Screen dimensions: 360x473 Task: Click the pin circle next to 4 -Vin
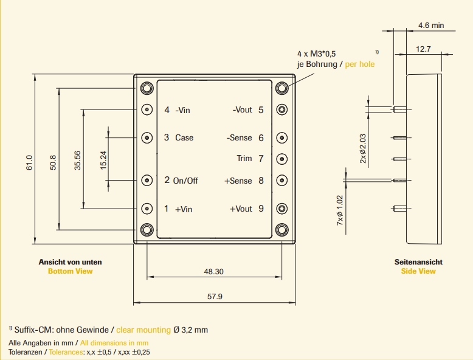click(x=147, y=110)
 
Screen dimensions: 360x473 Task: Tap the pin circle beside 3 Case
click(x=147, y=137)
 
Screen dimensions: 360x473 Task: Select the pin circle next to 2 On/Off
click(x=147, y=180)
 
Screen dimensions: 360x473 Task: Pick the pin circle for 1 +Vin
click(x=147, y=209)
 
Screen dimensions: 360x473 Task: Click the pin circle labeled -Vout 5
click(x=281, y=110)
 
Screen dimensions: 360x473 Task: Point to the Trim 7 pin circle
click(x=281, y=159)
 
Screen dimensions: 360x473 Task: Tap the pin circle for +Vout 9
click(x=281, y=209)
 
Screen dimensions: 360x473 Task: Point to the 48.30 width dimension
click(x=213, y=272)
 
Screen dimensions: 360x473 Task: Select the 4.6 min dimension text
click(x=431, y=26)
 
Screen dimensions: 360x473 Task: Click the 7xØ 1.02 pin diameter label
click(x=340, y=211)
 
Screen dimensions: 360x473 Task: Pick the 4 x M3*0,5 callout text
click(x=317, y=54)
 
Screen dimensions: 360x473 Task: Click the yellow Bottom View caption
click(x=71, y=271)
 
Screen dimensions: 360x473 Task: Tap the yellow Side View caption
click(x=418, y=271)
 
